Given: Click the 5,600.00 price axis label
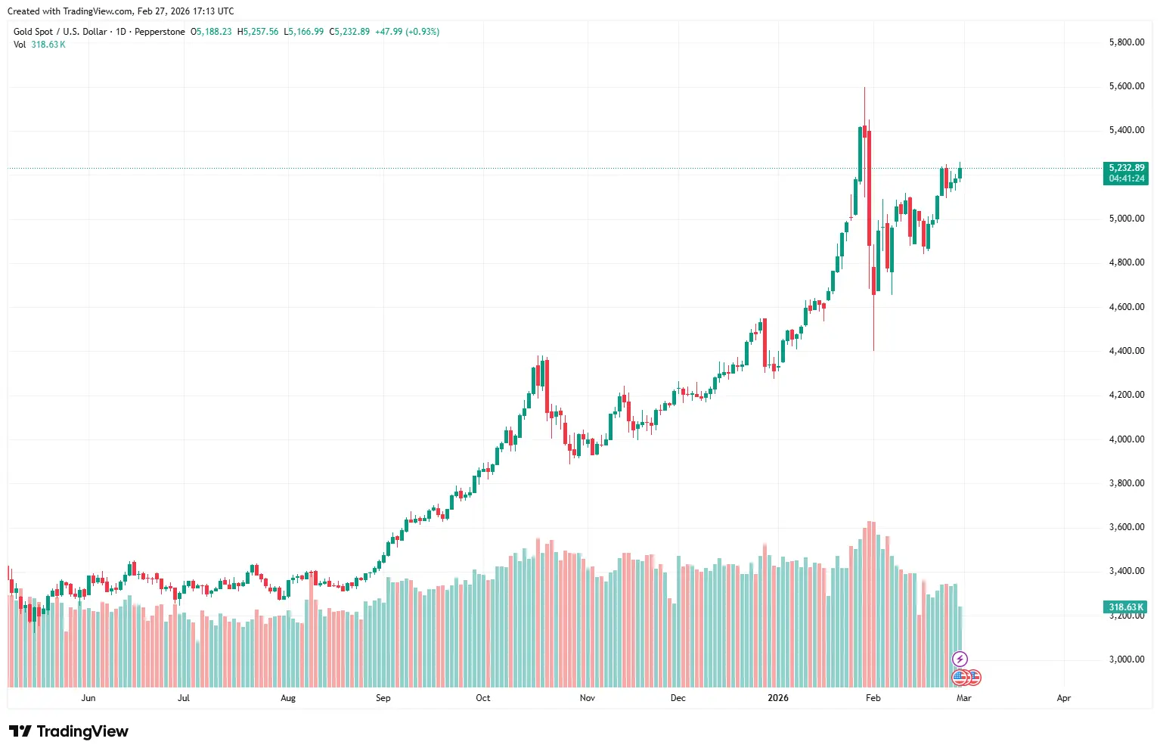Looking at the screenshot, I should click(x=1126, y=86).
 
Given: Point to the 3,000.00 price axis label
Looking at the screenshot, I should click(x=1126, y=659).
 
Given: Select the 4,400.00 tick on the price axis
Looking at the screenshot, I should click(x=1126, y=351).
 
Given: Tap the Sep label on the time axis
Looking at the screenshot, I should click(x=383, y=698).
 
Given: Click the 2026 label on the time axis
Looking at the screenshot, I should click(x=778, y=698).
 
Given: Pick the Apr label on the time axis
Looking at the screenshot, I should click(x=1064, y=698).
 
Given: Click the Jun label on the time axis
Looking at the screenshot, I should click(x=88, y=698).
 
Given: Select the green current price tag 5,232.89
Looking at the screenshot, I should click(x=1126, y=168).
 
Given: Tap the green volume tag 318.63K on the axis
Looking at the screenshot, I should click(x=1126, y=607).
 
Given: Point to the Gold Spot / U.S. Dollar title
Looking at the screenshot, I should click(x=60, y=32).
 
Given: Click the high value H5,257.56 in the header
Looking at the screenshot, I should click(x=258, y=32).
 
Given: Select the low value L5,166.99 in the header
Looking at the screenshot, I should click(x=304, y=32).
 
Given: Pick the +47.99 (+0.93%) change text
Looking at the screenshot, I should click(x=407, y=32).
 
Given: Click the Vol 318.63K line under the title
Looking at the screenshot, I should click(x=39, y=45).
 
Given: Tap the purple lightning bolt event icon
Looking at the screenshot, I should click(x=960, y=659).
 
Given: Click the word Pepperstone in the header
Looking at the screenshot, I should click(x=160, y=32).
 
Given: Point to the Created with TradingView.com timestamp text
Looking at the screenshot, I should click(x=121, y=11).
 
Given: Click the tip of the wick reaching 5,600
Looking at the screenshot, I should click(x=864, y=88).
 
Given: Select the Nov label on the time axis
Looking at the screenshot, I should click(x=588, y=698).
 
